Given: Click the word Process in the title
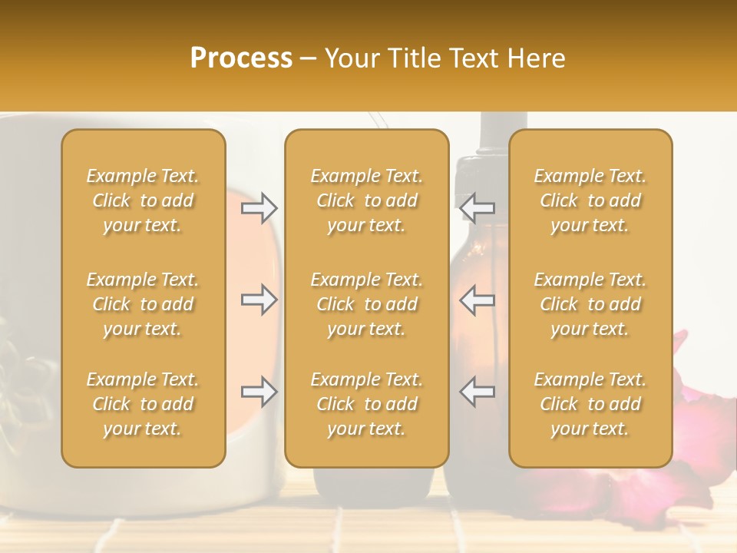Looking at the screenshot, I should (x=241, y=58).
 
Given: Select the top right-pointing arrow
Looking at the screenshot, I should (x=259, y=207).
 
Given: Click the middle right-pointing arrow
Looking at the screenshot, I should (x=259, y=300).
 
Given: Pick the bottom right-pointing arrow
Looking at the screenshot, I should (x=259, y=392).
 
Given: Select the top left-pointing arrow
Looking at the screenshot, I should (x=478, y=207).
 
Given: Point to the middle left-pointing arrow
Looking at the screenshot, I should (x=478, y=300).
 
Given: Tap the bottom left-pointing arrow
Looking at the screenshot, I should (x=478, y=392).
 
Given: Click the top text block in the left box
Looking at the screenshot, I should (x=143, y=200).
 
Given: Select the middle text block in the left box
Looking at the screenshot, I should (x=143, y=304).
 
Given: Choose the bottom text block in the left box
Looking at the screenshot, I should (x=143, y=404).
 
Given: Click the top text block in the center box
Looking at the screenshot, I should (x=366, y=200).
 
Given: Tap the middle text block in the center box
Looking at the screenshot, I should (x=366, y=304).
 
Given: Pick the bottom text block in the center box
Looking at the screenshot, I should (x=366, y=404).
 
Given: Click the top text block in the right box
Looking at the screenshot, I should (x=590, y=200).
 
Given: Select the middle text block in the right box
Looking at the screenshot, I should (x=590, y=304).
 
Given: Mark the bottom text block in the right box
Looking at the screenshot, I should (x=590, y=404).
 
